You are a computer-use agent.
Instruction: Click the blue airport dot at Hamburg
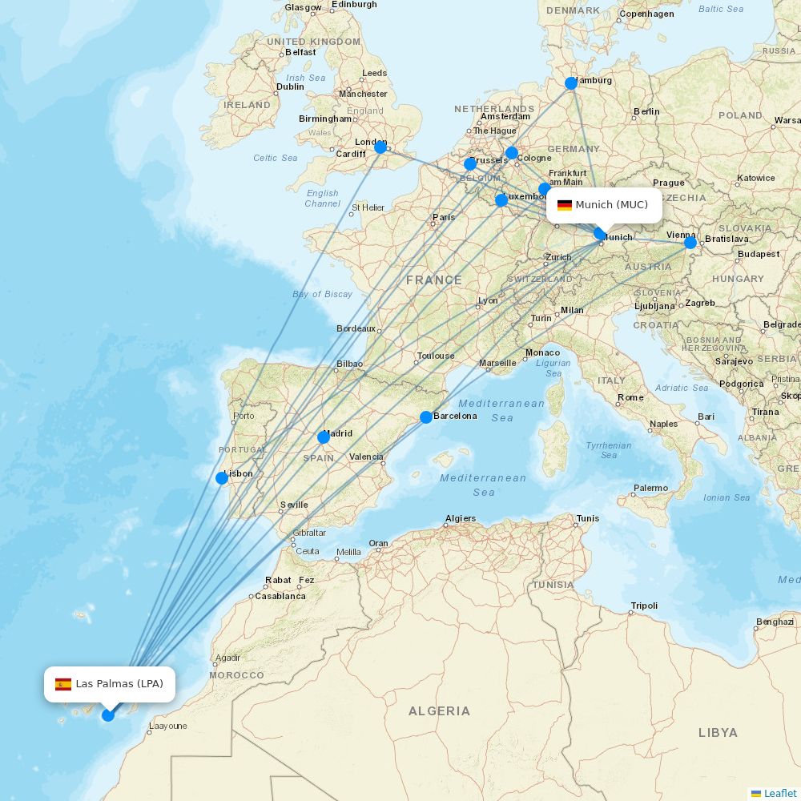[x=571, y=83]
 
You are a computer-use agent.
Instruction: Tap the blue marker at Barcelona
[x=426, y=417]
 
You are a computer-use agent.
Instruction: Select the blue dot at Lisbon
[x=222, y=478]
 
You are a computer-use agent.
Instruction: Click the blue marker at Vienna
[x=690, y=242]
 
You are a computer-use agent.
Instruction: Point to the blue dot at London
[x=380, y=147]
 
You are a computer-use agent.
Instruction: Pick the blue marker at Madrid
[x=324, y=437]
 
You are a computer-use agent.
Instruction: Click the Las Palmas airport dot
[x=108, y=714]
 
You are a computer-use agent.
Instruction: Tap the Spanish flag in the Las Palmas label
[x=63, y=684]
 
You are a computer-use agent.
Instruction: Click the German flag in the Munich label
[x=565, y=205]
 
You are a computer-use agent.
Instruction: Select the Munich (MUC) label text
[x=611, y=205]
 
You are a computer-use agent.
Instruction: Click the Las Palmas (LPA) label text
[x=119, y=684]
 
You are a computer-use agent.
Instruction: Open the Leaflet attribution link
[x=779, y=793]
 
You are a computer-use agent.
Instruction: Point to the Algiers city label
[x=461, y=518]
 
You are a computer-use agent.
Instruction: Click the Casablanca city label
[x=280, y=596]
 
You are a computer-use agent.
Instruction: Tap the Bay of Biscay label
[x=322, y=294]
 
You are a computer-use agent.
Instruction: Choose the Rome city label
[x=630, y=397]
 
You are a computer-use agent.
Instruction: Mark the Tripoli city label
[x=644, y=606]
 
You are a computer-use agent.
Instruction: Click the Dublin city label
[x=290, y=87]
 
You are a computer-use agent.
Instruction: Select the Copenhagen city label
[x=646, y=14]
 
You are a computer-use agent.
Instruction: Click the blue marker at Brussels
[x=470, y=164]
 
